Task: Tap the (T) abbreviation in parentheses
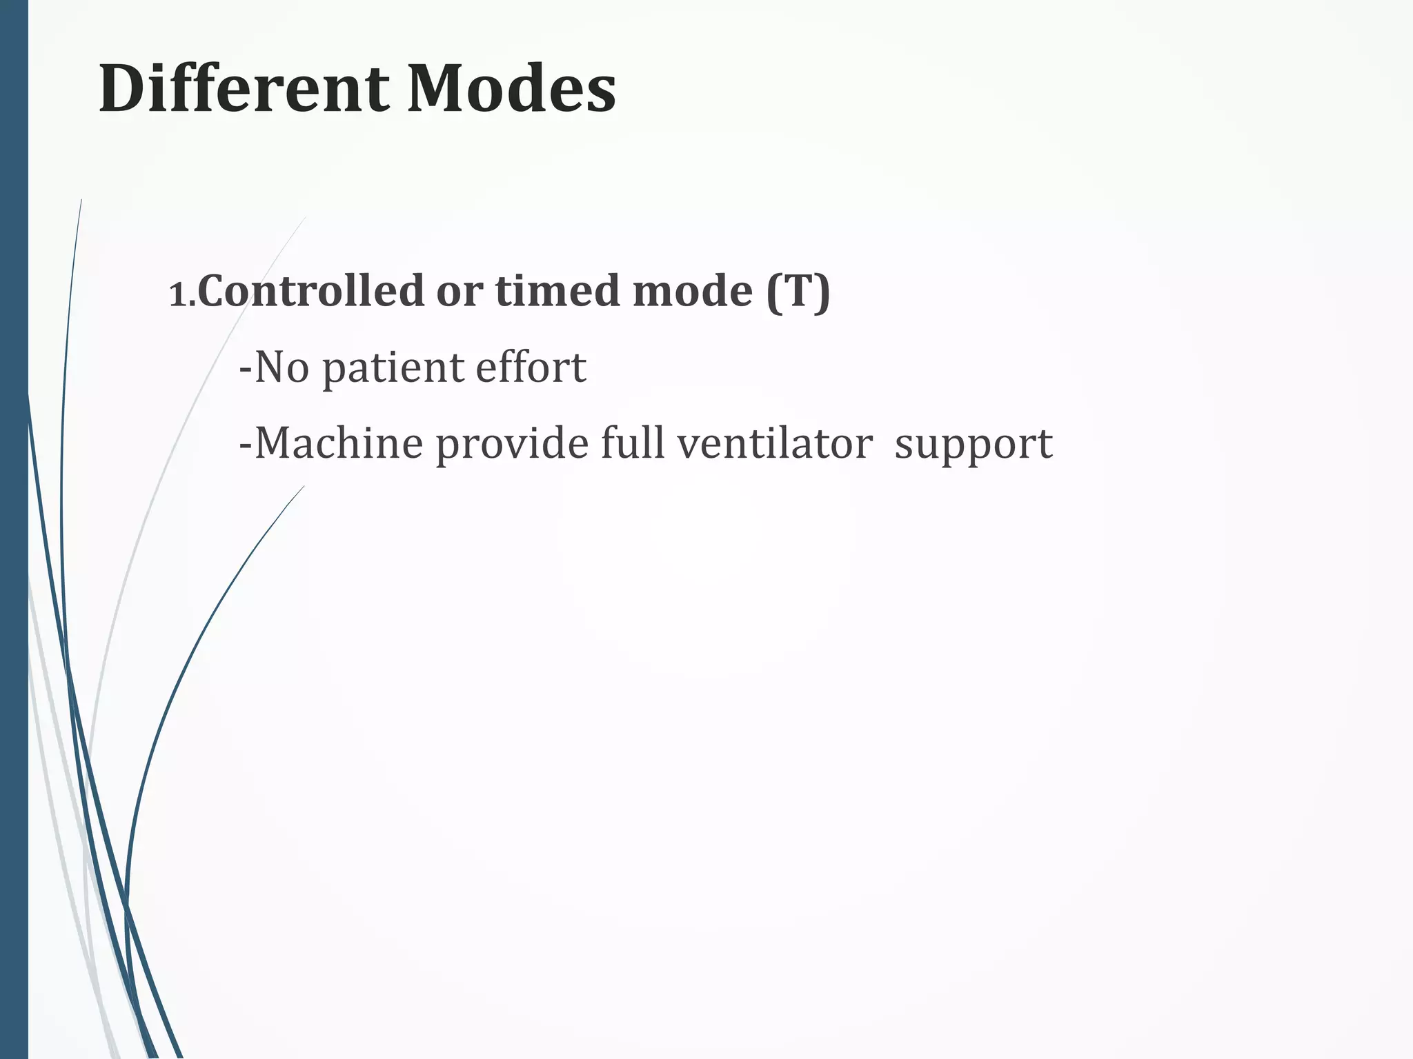point(798,292)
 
